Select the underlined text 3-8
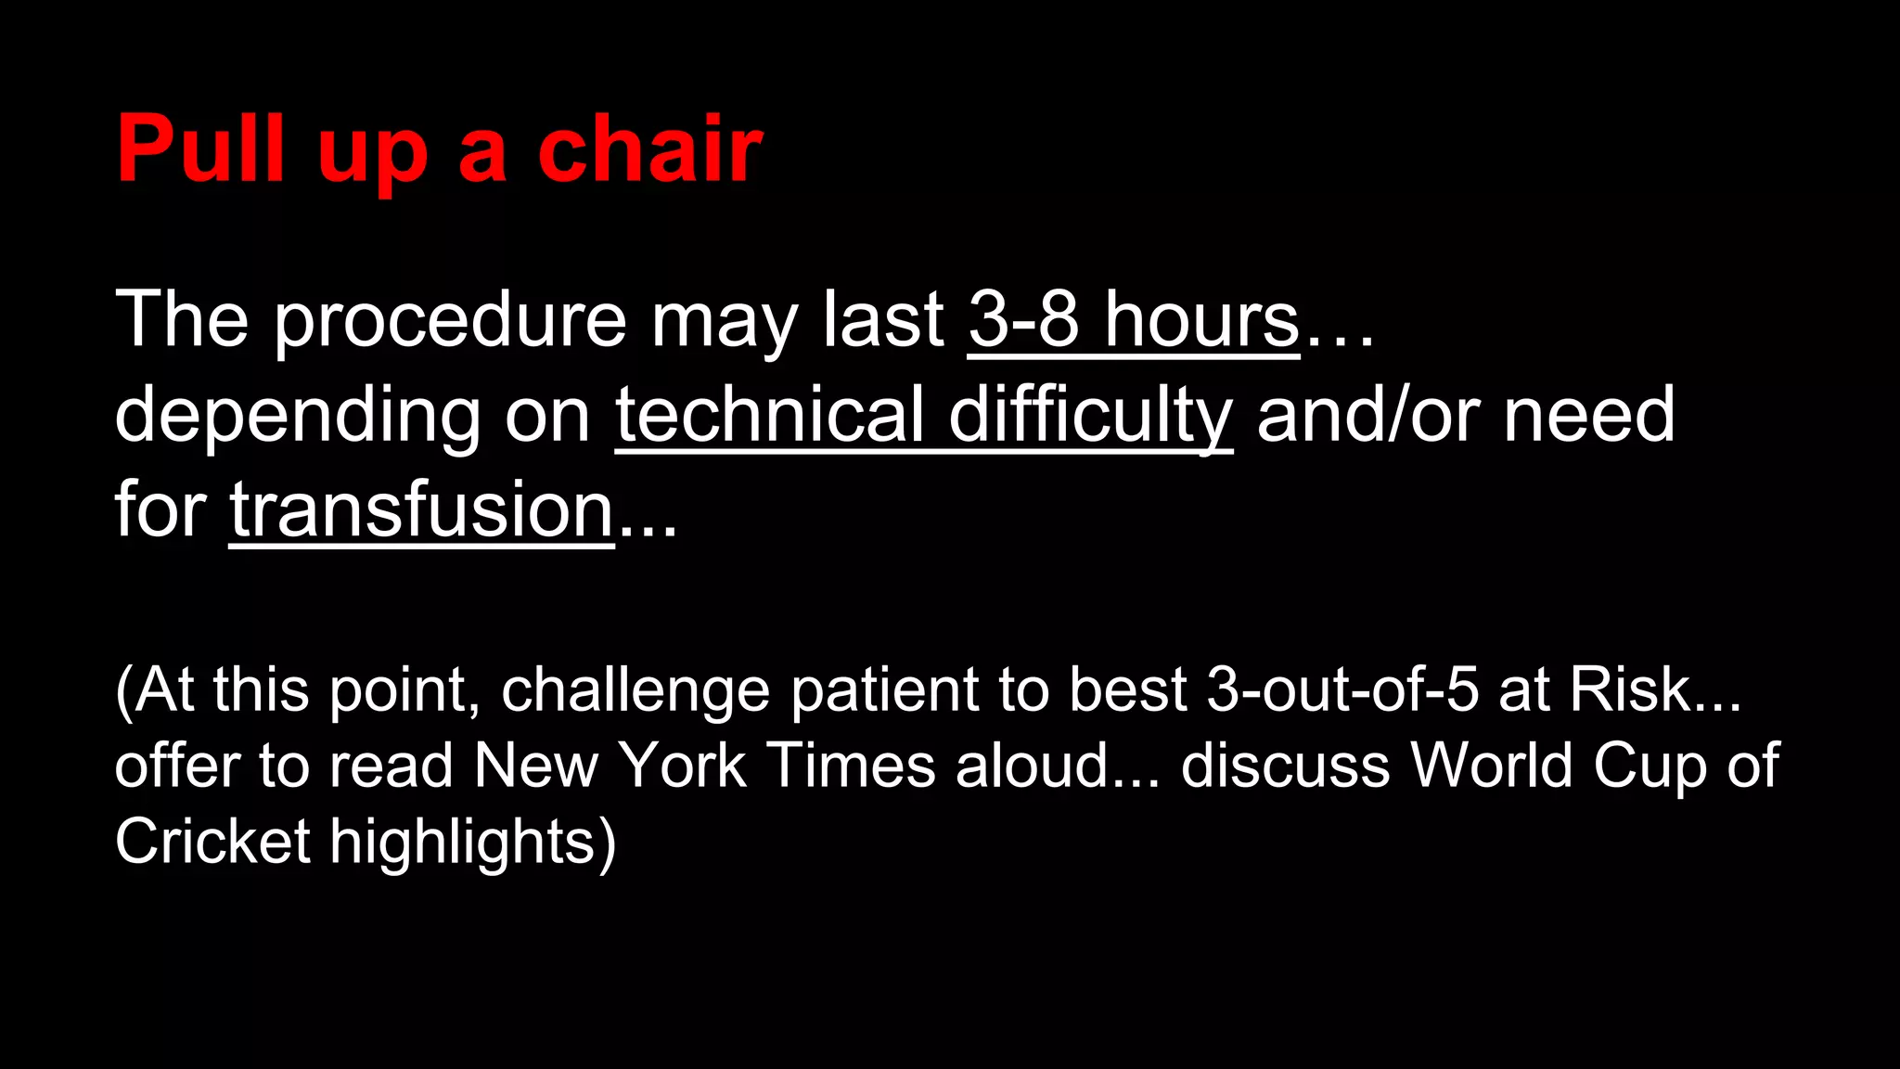coord(1023,319)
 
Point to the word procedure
coord(450,321)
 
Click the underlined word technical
coord(769,415)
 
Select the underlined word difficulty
coord(1090,415)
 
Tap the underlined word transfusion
coord(421,509)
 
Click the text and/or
coord(1368,415)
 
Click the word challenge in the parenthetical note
coord(635,690)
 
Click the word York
coord(682,766)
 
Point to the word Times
coord(852,766)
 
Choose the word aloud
coord(1032,766)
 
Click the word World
coord(1491,766)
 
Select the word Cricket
coord(212,842)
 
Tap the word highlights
coord(463,843)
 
